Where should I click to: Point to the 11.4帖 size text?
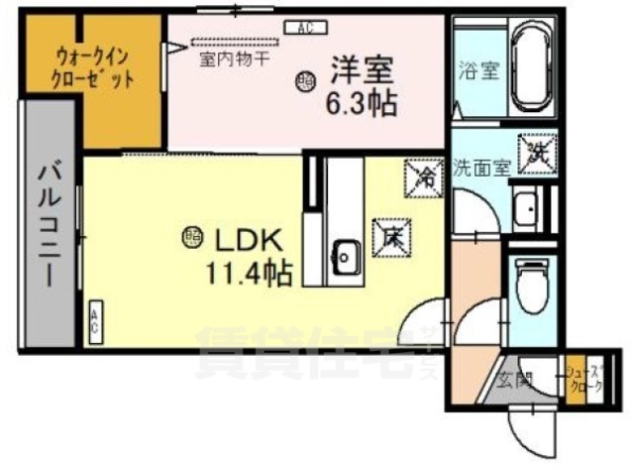coord(249,271)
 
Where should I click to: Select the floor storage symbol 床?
coord(388,235)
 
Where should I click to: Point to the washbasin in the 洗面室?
coord(526,209)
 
